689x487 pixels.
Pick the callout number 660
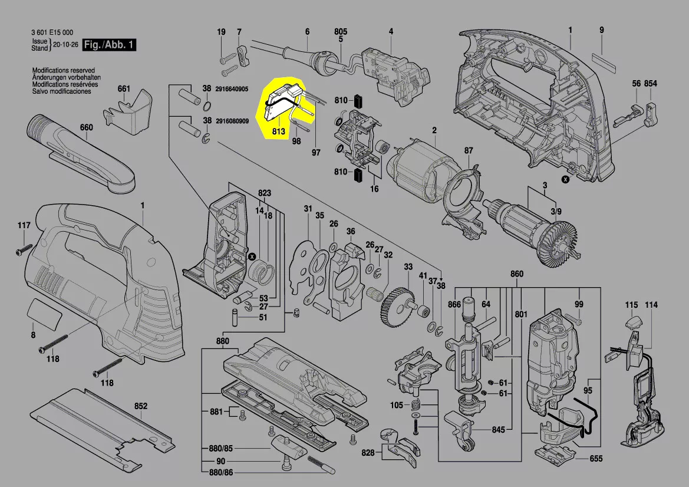(x=87, y=127)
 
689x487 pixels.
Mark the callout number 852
(x=141, y=406)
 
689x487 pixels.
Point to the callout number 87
(x=469, y=151)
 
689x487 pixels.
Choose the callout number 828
(x=368, y=452)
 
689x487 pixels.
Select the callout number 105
(x=397, y=405)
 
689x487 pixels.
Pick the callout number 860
(x=517, y=275)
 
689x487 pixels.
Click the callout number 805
(x=341, y=31)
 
